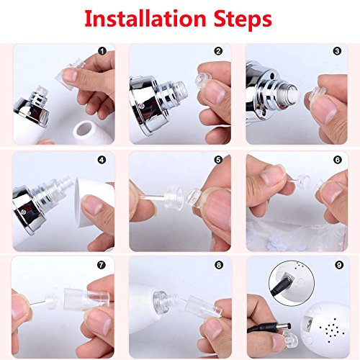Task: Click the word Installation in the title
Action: point(145,19)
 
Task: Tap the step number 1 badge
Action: point(102,51)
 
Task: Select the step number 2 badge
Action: point(218,51)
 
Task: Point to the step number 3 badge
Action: point(337,51)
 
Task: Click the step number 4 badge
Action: point(102,160)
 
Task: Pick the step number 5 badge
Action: point(218,160)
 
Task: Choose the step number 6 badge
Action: point(338,160)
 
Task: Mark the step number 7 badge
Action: point(102,265)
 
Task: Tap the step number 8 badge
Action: point(218,265)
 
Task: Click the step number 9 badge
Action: point(339,265)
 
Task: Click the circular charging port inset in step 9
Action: point(292,283)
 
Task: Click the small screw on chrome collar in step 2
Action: point(142,106)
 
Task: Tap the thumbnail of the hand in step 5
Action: point(217,207)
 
